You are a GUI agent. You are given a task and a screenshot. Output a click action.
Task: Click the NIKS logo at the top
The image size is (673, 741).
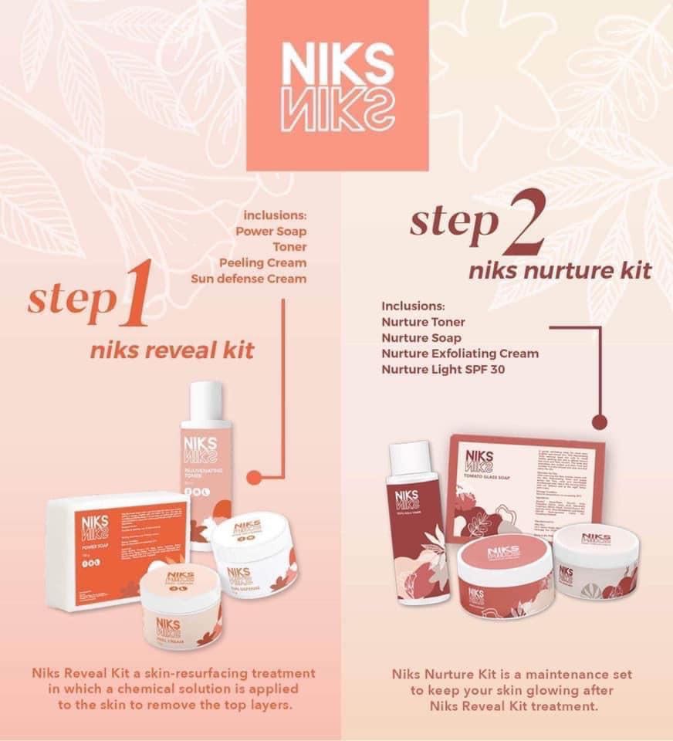coord(337,86)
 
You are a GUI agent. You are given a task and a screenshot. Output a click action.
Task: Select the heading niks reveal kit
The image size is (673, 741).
coord(172,351)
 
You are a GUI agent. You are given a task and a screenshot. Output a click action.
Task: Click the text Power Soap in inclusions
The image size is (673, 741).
coord(270,230)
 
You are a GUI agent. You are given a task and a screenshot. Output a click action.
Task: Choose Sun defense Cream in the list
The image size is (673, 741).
coord(249,279)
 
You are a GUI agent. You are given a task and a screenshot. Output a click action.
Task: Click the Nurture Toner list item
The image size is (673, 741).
coord(423,321)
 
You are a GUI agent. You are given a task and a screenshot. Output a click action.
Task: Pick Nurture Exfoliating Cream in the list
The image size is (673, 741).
coord(459,354)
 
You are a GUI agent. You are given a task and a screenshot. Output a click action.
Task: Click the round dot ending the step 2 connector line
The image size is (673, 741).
coord(599,422)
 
